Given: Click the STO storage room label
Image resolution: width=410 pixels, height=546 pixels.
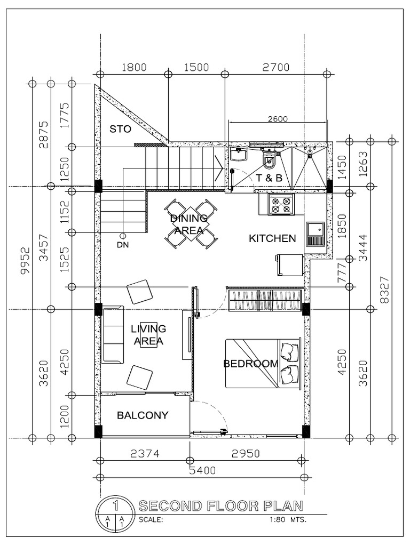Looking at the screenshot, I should [121, 129].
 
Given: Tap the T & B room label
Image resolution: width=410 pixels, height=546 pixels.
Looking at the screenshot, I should [269, 178].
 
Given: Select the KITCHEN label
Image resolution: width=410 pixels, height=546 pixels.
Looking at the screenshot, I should [272, 238].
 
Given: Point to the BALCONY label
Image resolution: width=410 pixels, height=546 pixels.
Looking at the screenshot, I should [143, 415].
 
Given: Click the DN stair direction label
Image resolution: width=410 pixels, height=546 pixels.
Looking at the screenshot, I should [123, 245].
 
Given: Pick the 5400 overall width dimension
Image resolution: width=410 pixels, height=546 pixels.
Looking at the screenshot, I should [201, 470].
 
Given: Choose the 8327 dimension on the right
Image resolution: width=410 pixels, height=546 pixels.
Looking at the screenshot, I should [383, 290].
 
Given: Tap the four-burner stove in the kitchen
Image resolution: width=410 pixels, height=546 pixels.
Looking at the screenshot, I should [281, 205].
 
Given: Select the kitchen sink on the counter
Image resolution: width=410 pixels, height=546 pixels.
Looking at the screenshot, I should [316, 233].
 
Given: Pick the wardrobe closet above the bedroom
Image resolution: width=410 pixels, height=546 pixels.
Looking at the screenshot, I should [264, 300].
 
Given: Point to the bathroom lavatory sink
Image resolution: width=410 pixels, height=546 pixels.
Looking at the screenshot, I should [239, 155].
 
